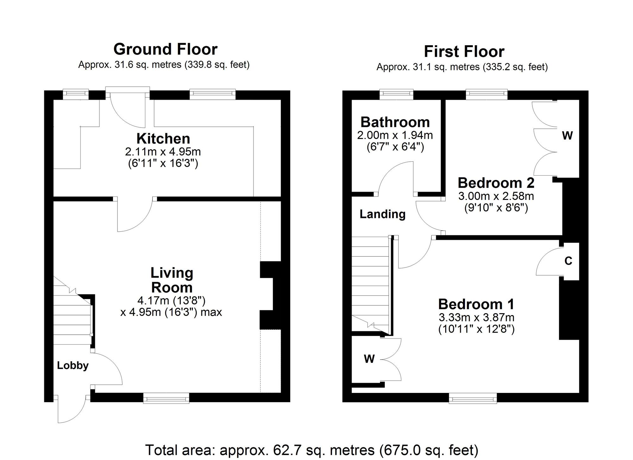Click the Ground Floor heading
(165, 49)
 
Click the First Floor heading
(464, 52)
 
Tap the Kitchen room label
(163, 139)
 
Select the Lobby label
(72, 365)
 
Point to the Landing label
(382, 214)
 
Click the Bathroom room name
(395, 122)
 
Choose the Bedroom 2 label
(496, 183)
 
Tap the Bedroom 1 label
(476, 304)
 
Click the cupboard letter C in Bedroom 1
(568, 261)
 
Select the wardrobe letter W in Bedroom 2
(567, 136)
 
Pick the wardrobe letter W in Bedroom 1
(369, 359)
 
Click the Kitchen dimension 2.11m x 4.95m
(163, 152)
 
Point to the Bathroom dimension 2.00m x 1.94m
(395, 135)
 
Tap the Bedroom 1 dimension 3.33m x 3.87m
(476, 317)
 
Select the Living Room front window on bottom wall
(166, 398)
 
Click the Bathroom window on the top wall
(396, 93)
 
